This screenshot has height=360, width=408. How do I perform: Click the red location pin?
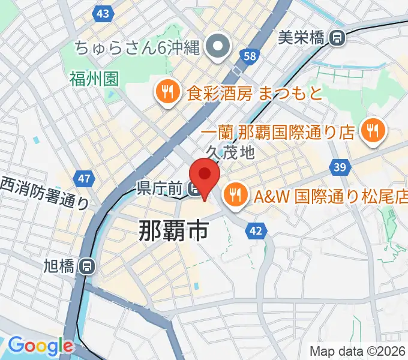[205, 175]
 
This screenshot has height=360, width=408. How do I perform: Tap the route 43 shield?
[103, 13]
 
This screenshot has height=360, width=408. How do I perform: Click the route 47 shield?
[84, 178]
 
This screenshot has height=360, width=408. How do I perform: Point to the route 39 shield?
[340, 167]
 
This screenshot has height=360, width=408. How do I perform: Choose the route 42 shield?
[256, 230]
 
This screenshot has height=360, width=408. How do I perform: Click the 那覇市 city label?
[174, 230]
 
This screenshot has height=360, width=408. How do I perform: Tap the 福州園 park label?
[94, 78]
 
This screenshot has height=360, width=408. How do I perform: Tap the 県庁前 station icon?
[194, 190]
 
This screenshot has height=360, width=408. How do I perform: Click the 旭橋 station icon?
[88, 265]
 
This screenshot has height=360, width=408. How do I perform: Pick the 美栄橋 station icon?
[338, 38]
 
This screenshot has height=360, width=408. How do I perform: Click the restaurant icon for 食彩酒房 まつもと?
[167, 92]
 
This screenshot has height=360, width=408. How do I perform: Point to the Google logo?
[40, 346]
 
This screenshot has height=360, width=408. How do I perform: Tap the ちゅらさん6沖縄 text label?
[137, 47]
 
